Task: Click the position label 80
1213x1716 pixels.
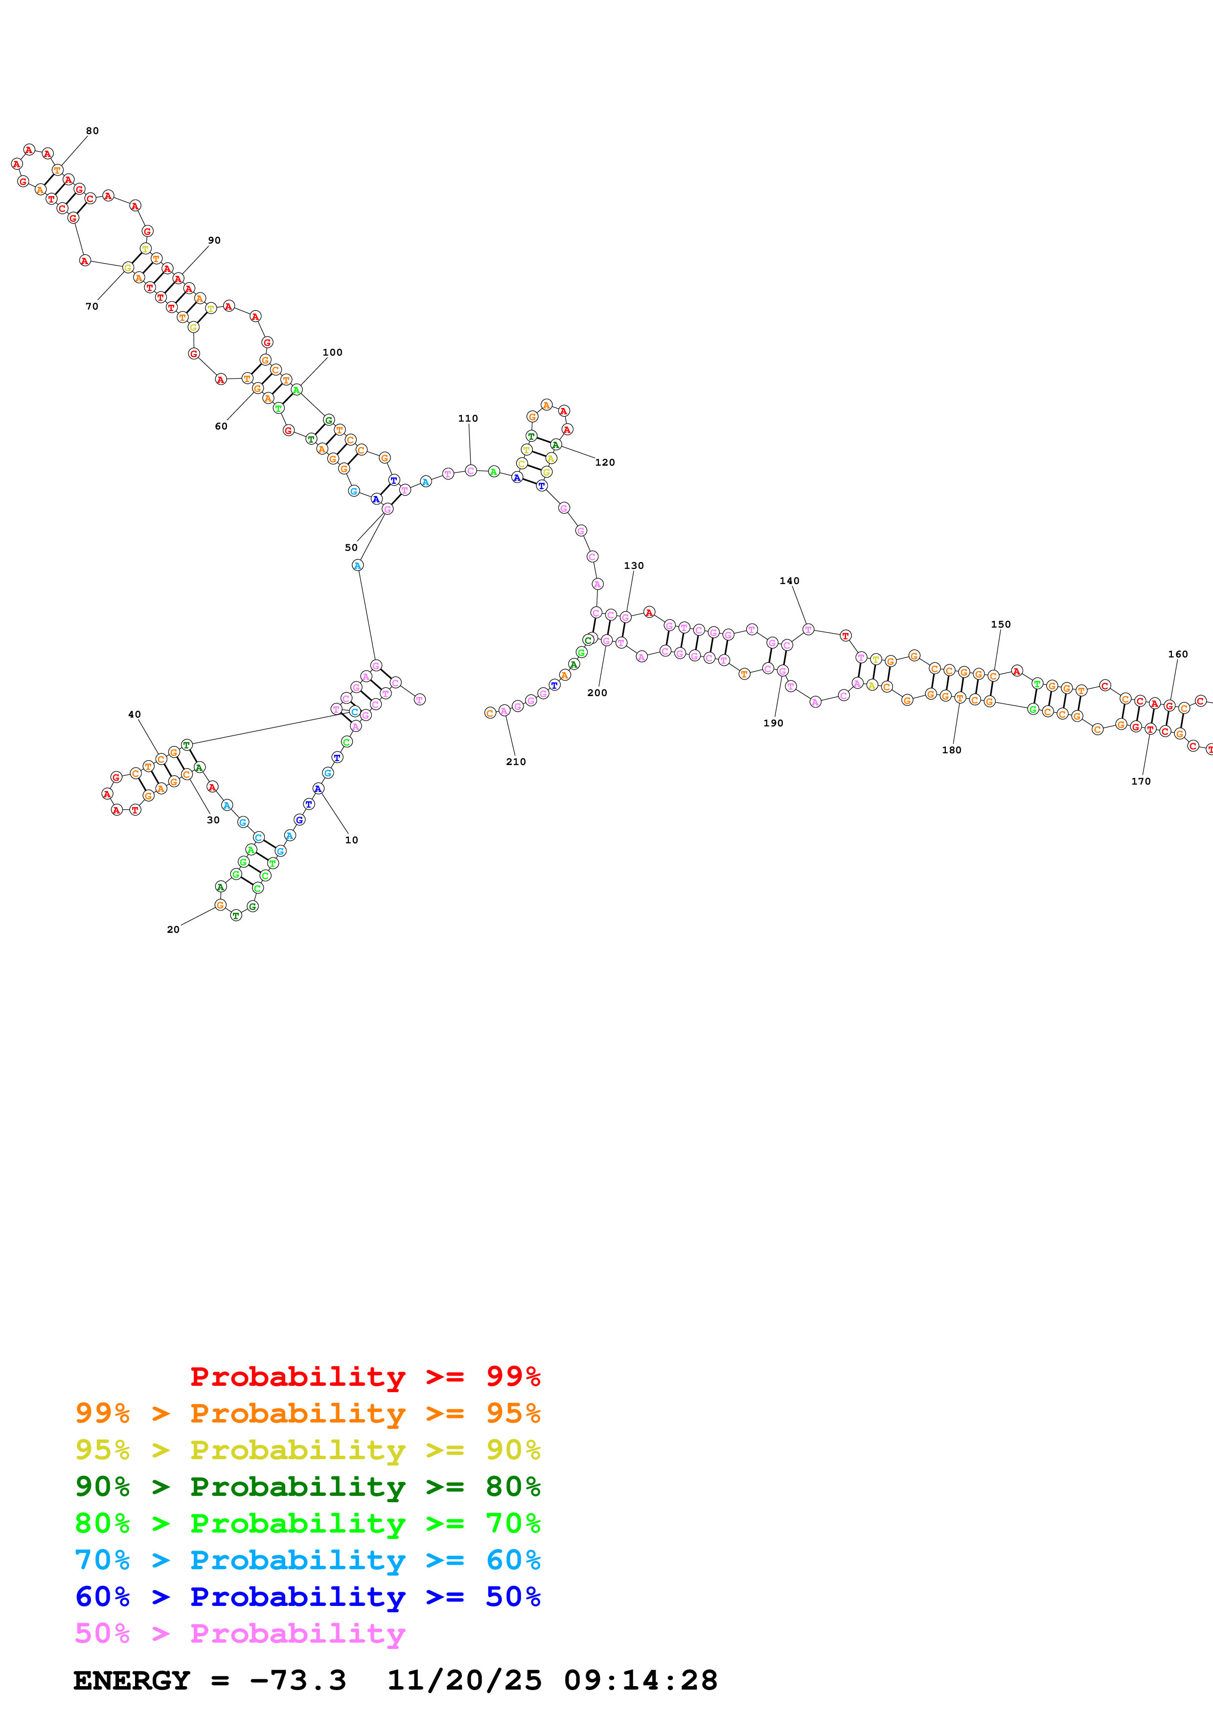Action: click(x=92, y=131)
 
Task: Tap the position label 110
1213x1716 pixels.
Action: click(x=468, y=419)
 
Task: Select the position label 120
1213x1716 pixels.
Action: click(x=605, y=463)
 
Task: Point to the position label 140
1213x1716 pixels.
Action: click(x=789, y=581)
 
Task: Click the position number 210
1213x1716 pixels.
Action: click(x=516, y=762)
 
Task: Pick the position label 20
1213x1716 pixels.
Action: click(x=173, y=930)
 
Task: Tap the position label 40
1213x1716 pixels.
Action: click(x=135, y=715)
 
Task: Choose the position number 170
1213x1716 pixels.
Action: click(x=1141, y=781)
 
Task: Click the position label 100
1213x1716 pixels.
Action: click(x=333, y=353)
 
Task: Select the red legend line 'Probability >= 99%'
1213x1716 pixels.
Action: click(x=366, y=1376)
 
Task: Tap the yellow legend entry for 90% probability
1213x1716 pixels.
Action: click(x=308, y=1449)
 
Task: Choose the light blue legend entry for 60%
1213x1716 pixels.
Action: click(x=308, y=1560)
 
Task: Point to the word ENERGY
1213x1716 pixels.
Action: click(x=132, y=1681)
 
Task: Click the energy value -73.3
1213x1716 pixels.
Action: click(x=298, y=1681)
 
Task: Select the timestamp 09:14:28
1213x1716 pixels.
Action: click(x=641, y=1681)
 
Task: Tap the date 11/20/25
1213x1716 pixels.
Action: click(x=464, y=1681)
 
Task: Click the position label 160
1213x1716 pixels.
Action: click(x=1178, y=654)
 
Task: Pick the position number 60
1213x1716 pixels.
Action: click(x=221, y=426)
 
